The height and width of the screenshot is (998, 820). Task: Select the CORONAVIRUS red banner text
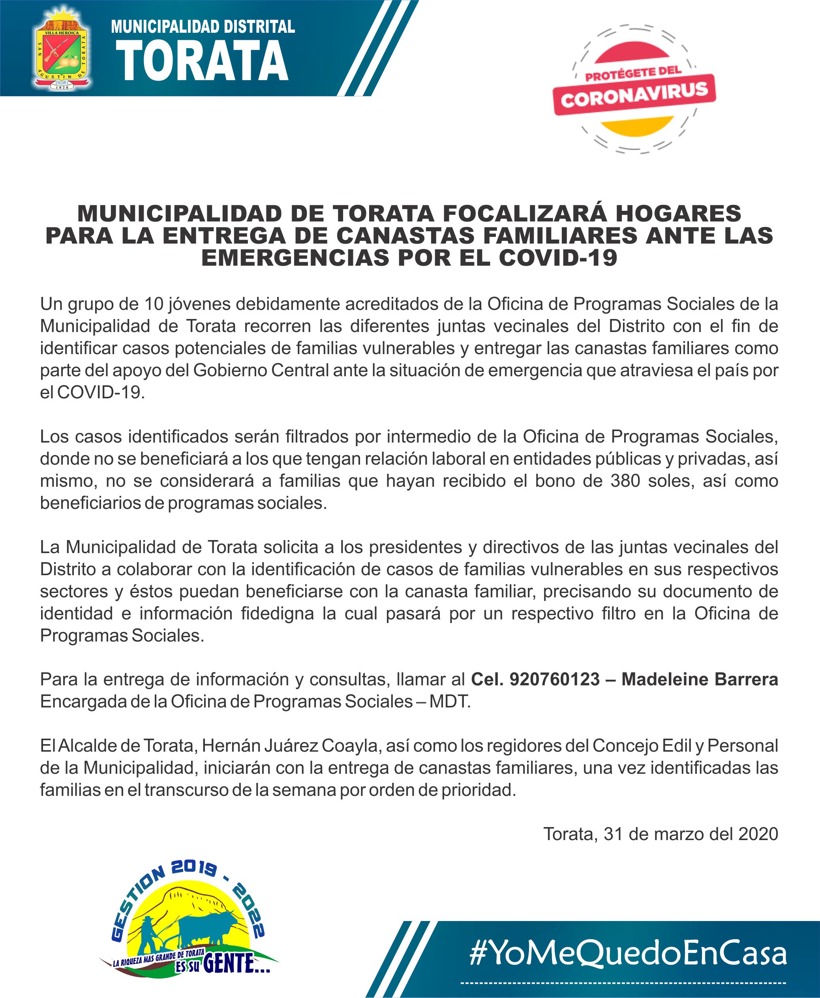click(x=634, y=94)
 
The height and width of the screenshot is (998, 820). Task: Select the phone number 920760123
click(x=555, y=679)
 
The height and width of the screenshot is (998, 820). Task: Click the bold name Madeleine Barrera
click(x=700, y=679)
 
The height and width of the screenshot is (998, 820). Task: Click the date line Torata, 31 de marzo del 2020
click(x=661, y=834)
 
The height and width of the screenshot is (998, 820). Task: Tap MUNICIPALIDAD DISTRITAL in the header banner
click(x=203, y=26)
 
